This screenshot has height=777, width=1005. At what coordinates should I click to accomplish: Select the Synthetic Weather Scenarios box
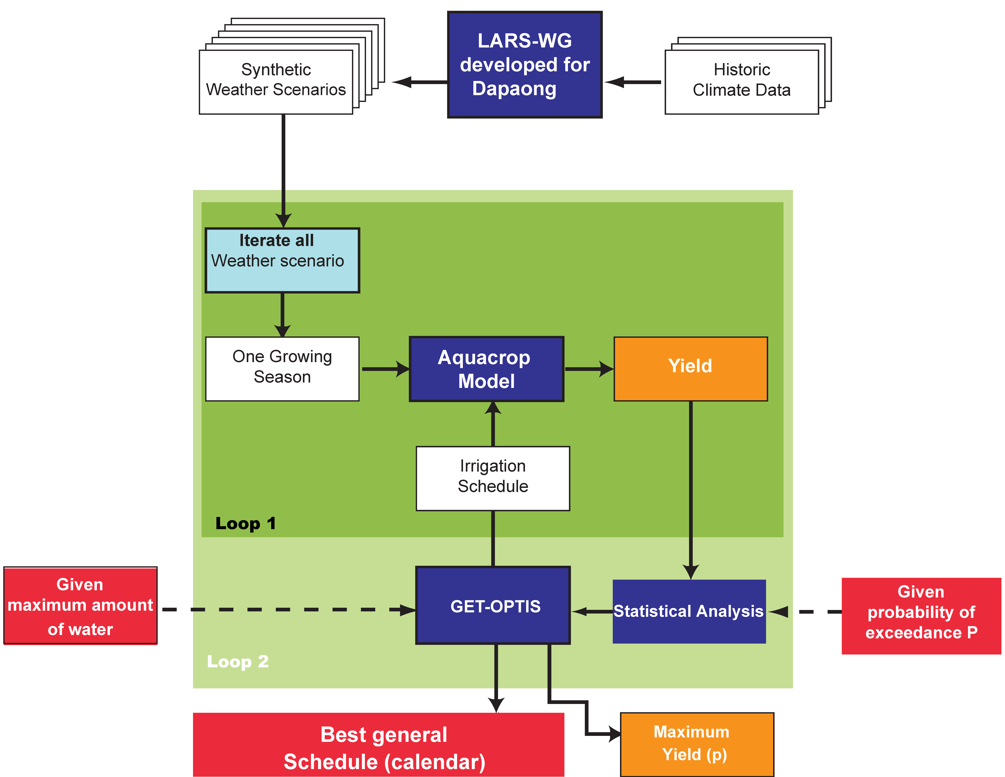tap(276, 82)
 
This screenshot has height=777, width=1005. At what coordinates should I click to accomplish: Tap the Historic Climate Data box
tap(742, 82)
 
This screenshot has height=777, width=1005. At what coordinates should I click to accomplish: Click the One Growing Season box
tap(282, 369)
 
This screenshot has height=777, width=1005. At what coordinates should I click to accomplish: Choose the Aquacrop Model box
tap(486, 369)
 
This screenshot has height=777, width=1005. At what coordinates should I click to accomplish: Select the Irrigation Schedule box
tap(493, 478)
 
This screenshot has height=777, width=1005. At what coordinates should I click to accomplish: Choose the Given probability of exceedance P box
tap(921, 616)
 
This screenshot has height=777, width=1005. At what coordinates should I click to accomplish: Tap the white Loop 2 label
tap(237, 662)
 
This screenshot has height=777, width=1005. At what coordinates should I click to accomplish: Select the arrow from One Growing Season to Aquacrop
tap(386, 369)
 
